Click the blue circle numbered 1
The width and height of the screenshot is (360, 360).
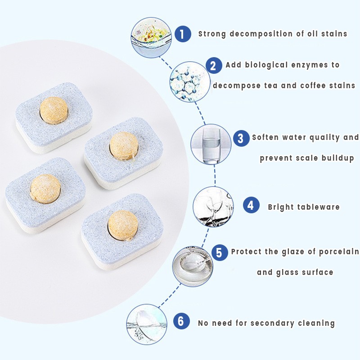click(182, 34)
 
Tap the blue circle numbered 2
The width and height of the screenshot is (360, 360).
click(214, 65)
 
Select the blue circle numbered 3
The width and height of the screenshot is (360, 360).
click(241, 138)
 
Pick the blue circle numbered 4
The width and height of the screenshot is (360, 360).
click(251, 206)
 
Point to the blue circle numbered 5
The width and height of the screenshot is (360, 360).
click(219, 252)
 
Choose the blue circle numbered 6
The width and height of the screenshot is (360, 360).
click(181, 321)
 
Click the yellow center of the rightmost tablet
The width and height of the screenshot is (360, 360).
click(124, 145)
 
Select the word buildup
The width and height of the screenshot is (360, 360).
click(336, 158)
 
